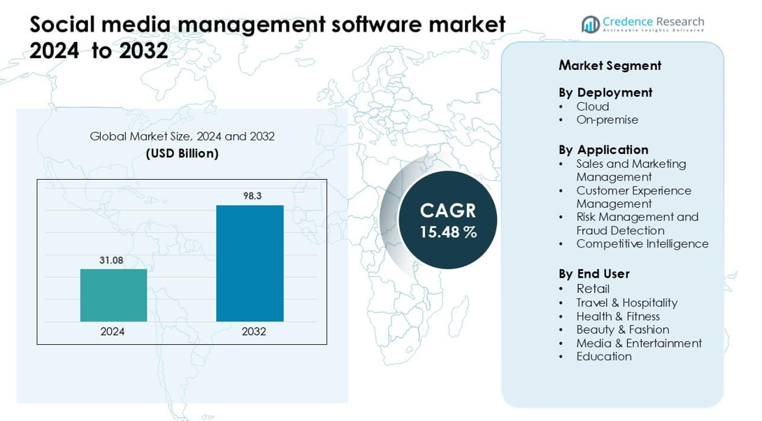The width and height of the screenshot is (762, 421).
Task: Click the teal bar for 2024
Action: (x=113, y=295)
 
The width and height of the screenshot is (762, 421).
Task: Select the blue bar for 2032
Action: (x=250, y=263)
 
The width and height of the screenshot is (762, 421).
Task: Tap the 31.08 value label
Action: (x=111, y=260)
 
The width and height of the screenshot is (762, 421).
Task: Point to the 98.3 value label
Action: (x=252, y=196)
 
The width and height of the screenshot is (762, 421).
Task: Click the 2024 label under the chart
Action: (x=113, y=331)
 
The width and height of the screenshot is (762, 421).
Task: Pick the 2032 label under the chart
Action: (x=254, y=331)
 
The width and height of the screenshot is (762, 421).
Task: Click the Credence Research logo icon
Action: (x=591, y=24)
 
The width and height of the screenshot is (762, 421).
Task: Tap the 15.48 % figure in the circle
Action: (x=448, y=232)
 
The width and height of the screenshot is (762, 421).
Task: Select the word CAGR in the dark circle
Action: (x=448, y=210)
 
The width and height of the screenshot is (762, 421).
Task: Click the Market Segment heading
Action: (x=610, y=66)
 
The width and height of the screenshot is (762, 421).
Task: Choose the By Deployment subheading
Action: (x=605, y=92)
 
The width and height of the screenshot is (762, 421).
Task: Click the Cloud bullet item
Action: (x=593, y=106)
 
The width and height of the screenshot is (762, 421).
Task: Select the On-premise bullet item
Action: (x=608, y=120)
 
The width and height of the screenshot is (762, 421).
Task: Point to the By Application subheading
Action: (x=603, y=150)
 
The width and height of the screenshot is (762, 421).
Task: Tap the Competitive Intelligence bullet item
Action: (x=642, y=243)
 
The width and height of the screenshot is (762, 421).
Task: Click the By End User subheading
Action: (x=594, y=273)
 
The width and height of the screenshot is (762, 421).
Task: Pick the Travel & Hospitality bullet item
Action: (x=627, y=302)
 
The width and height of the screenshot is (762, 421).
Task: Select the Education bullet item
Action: (x=604, y=356)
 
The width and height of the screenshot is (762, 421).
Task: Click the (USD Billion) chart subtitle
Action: (x=182, y=153)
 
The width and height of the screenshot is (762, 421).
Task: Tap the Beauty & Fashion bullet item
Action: (x=623, y=329)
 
